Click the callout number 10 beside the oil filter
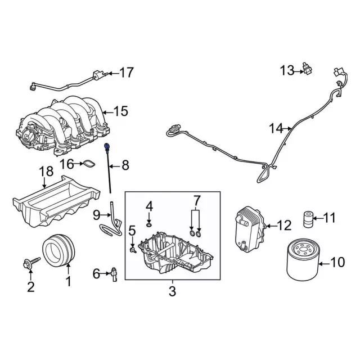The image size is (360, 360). point(337,261)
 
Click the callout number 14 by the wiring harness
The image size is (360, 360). point(275,129)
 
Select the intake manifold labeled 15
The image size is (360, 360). point(62,124)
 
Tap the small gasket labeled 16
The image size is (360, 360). point(87,164)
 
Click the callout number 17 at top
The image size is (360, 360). point(127,72)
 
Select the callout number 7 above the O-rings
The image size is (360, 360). point(196,200)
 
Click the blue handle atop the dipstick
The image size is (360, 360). point(107,148)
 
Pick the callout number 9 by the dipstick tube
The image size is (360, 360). point(96,214)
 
